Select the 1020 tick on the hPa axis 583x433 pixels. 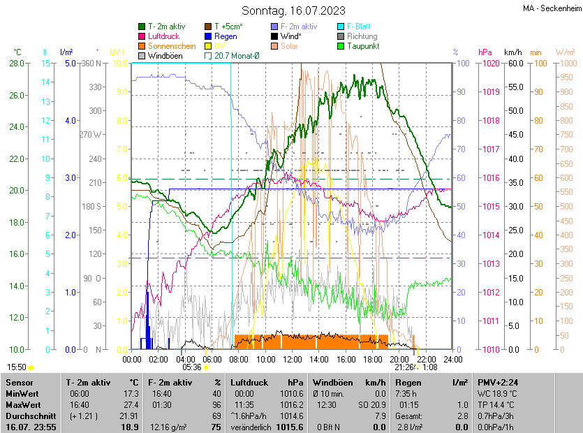pyautogui.click(x=489, y=64)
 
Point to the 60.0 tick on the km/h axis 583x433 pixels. pyautogui.click(x=515, y=64)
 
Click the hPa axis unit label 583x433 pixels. pyautogui.click(x=485, y=52)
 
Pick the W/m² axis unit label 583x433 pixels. pyautogui.click(x=565, y=52)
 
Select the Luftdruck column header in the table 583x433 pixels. pyautogui.click(x=249, y=383)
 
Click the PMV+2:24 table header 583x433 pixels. pyautogui.click(x=498, y=383)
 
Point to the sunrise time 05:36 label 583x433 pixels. pyautogui.click(x=192, y=367)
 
